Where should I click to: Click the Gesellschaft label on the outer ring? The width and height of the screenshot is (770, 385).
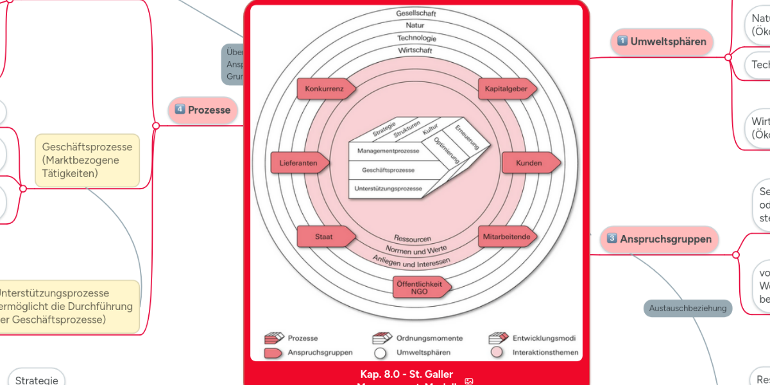416,13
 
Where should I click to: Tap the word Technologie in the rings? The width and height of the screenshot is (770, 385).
416,38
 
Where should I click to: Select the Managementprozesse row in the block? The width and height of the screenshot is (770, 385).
384,151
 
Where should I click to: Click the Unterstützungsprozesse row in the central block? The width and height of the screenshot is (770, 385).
388,189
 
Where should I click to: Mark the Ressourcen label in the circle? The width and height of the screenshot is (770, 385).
412,239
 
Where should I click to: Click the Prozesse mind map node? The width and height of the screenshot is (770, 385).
203,110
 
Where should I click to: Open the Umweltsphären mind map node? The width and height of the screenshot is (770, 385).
662,42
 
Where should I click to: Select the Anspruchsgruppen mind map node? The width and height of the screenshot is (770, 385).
659,239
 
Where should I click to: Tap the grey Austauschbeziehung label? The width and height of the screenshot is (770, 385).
688,308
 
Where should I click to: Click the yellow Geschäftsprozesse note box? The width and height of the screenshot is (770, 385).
87,160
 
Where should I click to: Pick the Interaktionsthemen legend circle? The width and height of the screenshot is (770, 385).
497,352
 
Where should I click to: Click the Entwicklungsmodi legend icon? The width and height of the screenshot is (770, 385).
498,338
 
